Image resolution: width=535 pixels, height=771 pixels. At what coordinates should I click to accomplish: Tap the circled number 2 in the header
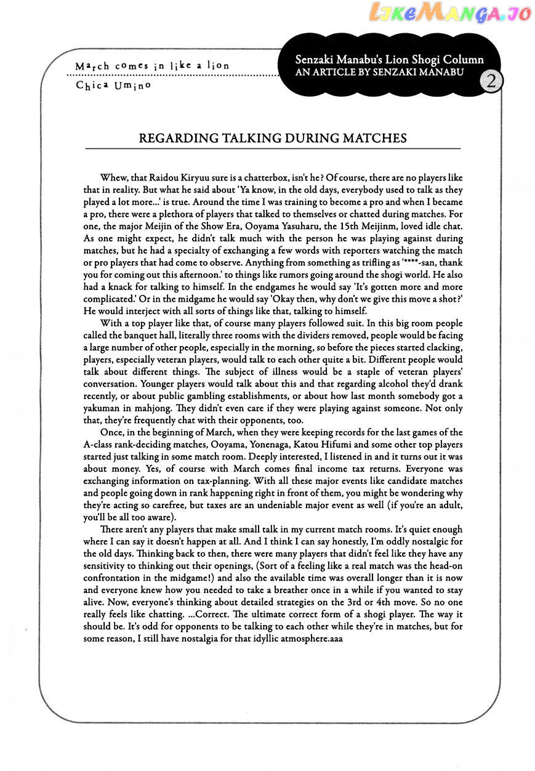tap(493, 81)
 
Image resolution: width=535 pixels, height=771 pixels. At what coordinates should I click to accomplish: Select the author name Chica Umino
tap(113, 86)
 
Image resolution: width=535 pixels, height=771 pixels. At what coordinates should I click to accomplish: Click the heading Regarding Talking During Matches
tap(273, 138)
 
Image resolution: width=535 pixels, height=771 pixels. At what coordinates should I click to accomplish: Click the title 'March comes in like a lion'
tap(152, 65)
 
